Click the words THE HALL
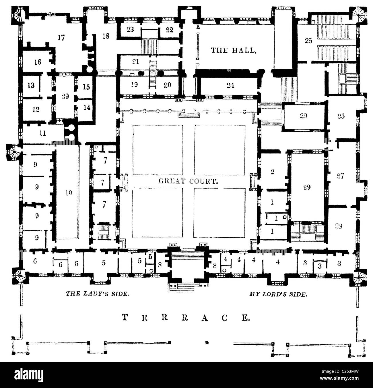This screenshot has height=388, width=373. [x=233, y=50]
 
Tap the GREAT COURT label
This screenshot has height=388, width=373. [x=189, y=181]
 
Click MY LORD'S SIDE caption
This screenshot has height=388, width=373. [x=278, y=294]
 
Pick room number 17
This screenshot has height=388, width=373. [x=61, y=37]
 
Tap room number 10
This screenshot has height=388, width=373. [x=68, y=193]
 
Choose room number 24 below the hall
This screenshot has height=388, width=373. [x=230, y=85]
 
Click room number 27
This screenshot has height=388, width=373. [x=340, y=176]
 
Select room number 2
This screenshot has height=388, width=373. [x=273, y=172]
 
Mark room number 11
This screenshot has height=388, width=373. [x=43, y=133]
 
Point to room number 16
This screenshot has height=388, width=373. [x=38, y=62]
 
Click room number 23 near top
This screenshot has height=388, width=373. [x=130, y=30]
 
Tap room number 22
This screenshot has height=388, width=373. [x=170, y=30]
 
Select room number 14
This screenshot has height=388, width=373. [x=87, y=107]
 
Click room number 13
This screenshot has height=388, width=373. [x=31, y=85]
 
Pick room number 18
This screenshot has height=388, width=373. [x=106, y=36]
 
